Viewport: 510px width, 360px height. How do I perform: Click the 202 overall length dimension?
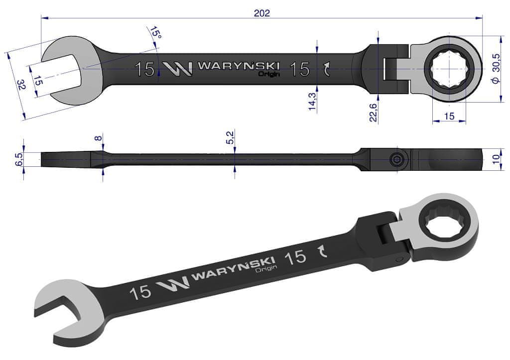click(x=262, y=12)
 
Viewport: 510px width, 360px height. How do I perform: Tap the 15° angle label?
click(x=155, y=32)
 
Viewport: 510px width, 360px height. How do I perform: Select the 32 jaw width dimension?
click(x=21, y=85)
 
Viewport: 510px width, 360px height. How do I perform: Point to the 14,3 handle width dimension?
click(x=312, y=101)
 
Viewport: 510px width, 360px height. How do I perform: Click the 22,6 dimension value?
click(x=373, y=113)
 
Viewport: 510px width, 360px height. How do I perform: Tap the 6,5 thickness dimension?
click(x=19, y=159)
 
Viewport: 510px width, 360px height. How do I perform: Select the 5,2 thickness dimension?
click(x=230, y=137)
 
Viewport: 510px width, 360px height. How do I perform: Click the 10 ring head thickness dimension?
click(x=496, y=159)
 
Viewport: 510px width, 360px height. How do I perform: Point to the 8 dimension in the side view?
click(x=98, y=138)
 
